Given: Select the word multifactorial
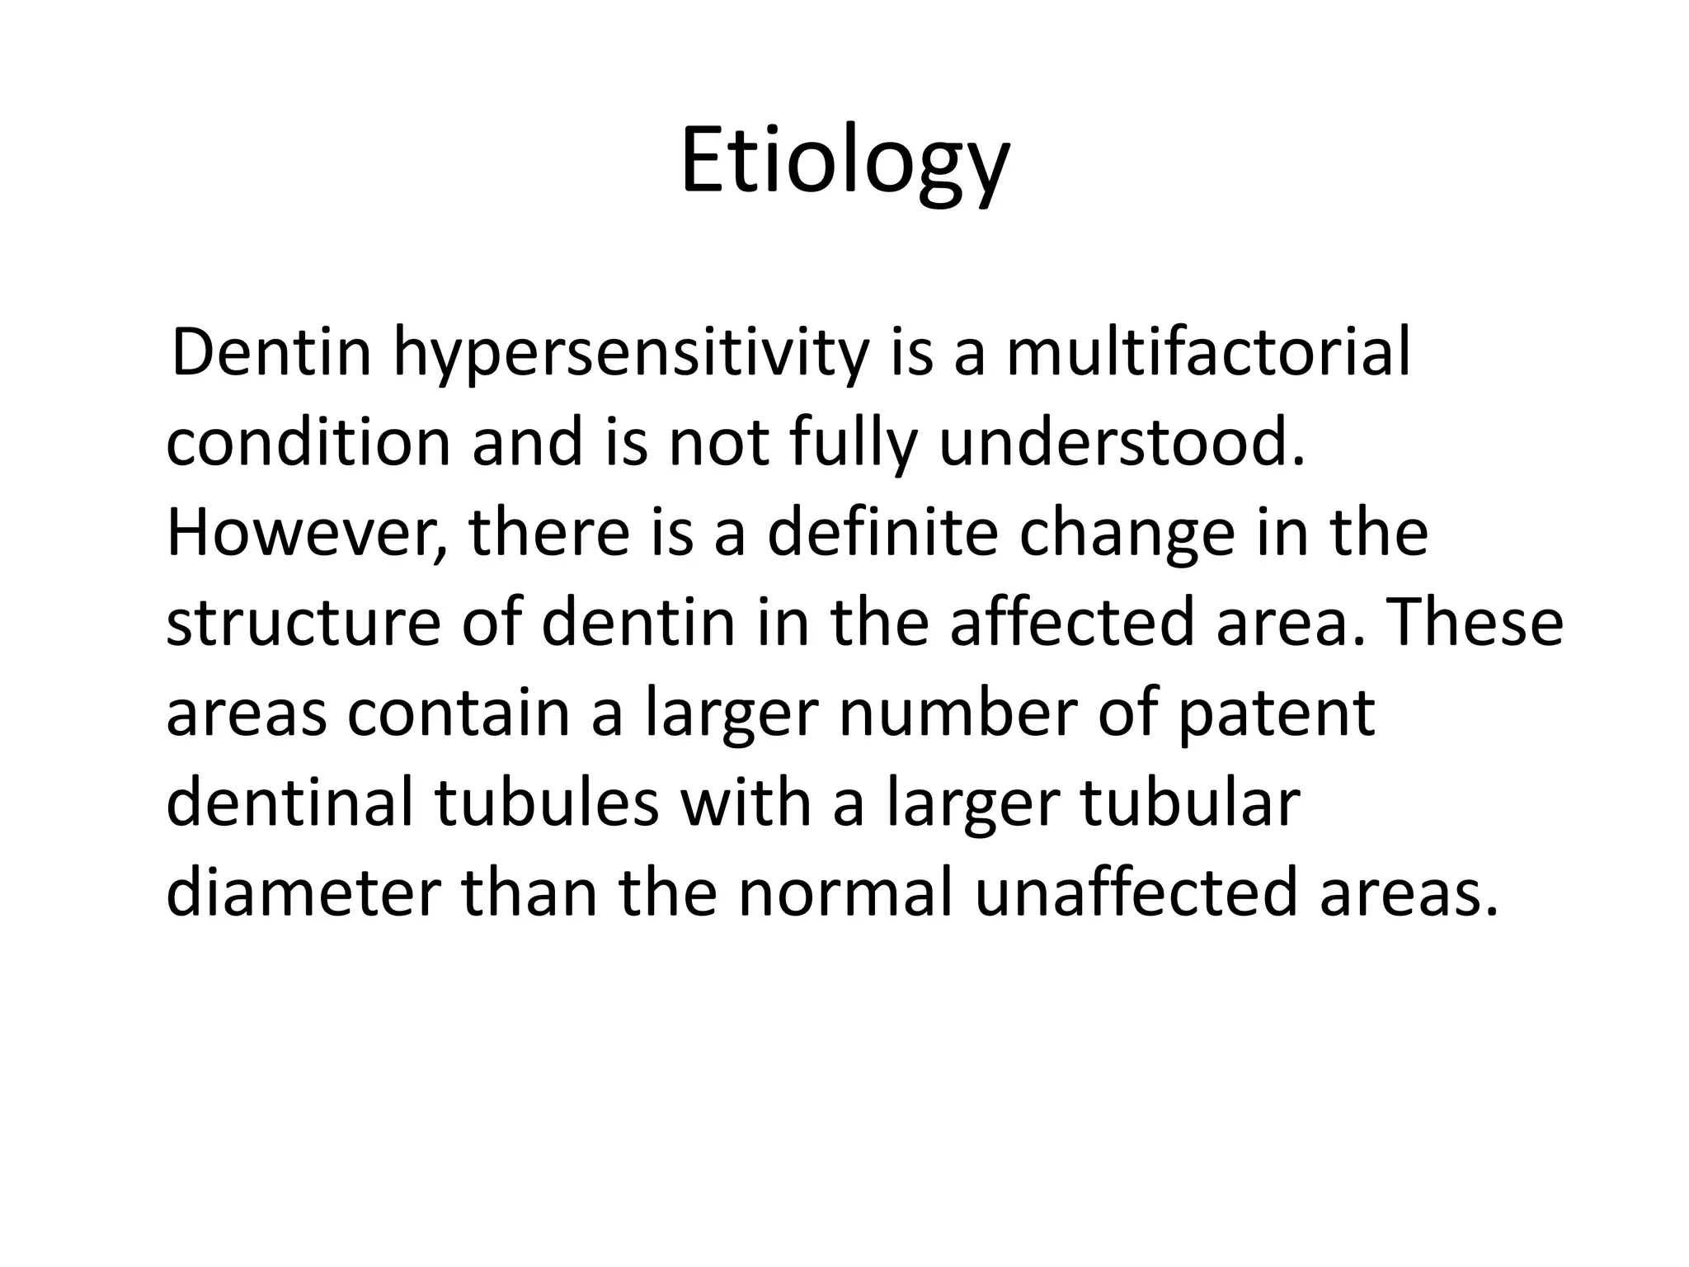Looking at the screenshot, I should pos(1208,353).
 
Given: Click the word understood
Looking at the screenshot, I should pos(1122,443).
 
